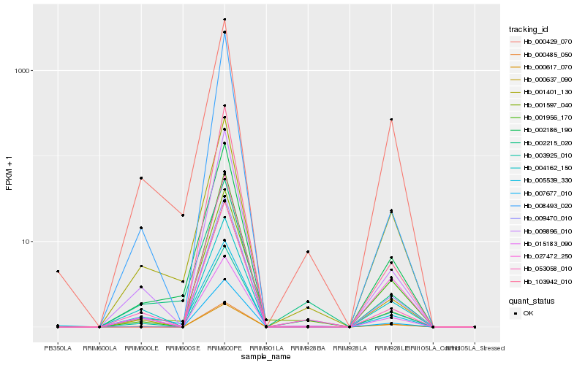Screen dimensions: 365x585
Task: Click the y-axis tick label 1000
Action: point(22,71)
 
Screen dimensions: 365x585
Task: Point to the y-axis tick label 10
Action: point(26,242)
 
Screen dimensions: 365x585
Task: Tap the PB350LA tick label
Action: point(58,348)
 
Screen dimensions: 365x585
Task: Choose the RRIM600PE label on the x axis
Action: point(224,348)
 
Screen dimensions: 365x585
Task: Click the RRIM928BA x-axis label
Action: point(308,348)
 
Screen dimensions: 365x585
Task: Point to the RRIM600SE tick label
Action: point(183,348)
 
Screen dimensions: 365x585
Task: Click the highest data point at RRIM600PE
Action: point(224,20)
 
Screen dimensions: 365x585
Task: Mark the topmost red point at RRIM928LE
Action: point(391,120)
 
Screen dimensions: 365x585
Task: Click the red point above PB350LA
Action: point(58,272)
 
